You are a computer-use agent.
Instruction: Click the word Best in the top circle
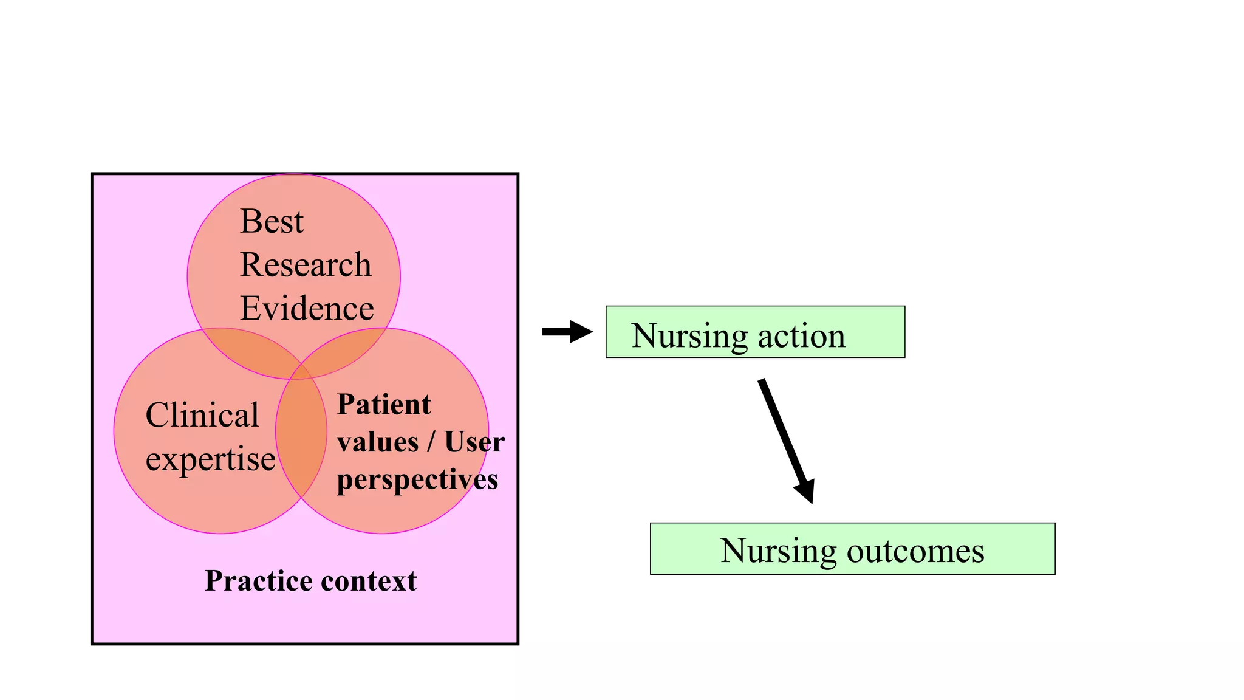point(272,221)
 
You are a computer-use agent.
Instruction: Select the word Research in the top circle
point(306,265)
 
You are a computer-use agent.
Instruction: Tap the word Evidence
point(307,309)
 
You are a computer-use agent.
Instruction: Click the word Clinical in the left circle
point(202,416)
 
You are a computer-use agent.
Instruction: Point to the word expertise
point(210,459)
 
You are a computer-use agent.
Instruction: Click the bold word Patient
point(384,405)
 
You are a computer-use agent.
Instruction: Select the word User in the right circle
point(474,442)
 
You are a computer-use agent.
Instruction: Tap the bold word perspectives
point(417,480)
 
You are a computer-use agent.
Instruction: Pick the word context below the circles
point(369,581)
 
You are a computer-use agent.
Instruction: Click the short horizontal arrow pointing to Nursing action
point(566,332)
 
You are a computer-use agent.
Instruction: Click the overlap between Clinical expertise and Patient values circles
point(301,437)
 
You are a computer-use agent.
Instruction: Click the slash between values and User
point(431,442)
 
